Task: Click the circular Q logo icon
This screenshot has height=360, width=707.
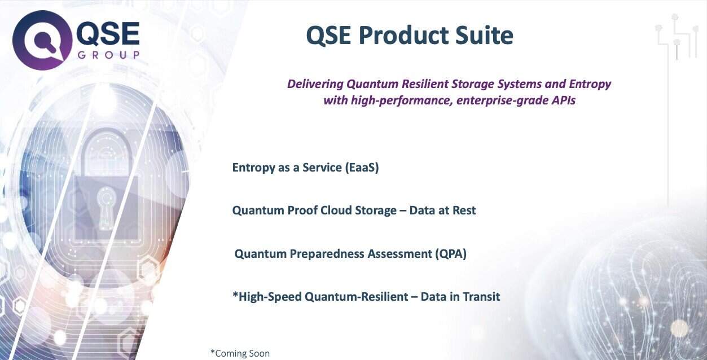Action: tap(42, 40)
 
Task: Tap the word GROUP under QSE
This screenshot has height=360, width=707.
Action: tap(108, 55)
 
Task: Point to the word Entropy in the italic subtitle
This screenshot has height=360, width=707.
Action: tap(590, 84)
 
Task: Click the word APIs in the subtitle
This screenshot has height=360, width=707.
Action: tap(563, 100)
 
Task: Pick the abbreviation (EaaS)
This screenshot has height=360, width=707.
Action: tap(362, 167)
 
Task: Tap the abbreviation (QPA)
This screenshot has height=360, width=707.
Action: tap(451, 254)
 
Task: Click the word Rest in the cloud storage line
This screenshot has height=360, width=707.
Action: tap(464, 210)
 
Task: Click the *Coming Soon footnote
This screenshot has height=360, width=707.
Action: tap(240, 353)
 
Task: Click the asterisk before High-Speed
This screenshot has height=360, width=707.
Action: tap(235, 295)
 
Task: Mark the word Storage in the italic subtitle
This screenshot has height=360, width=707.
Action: tap(473, 84)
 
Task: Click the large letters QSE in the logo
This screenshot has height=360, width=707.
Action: tap(108, 33)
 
